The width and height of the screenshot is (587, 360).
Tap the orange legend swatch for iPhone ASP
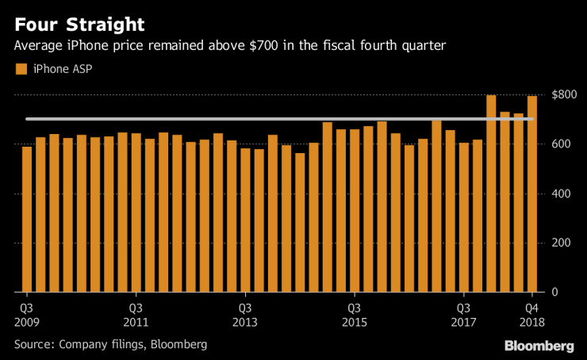click(21, 70)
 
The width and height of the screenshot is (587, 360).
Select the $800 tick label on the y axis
click(564, 94)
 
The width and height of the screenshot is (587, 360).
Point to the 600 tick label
click(562, 144)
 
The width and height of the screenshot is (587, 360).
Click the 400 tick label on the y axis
click(562, 193)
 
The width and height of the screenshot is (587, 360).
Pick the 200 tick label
click(562, 243)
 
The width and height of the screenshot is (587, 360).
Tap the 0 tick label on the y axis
click(554, 293)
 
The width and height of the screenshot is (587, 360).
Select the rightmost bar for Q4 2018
click(531, 194)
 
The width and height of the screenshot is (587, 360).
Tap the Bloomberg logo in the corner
click(539, 346)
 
